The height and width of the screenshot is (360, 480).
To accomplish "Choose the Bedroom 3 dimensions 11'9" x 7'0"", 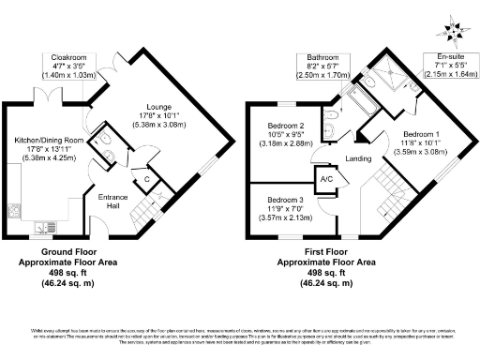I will click(x=284, y=210).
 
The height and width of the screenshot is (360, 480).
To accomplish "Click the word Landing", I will click(x=358, y=158).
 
